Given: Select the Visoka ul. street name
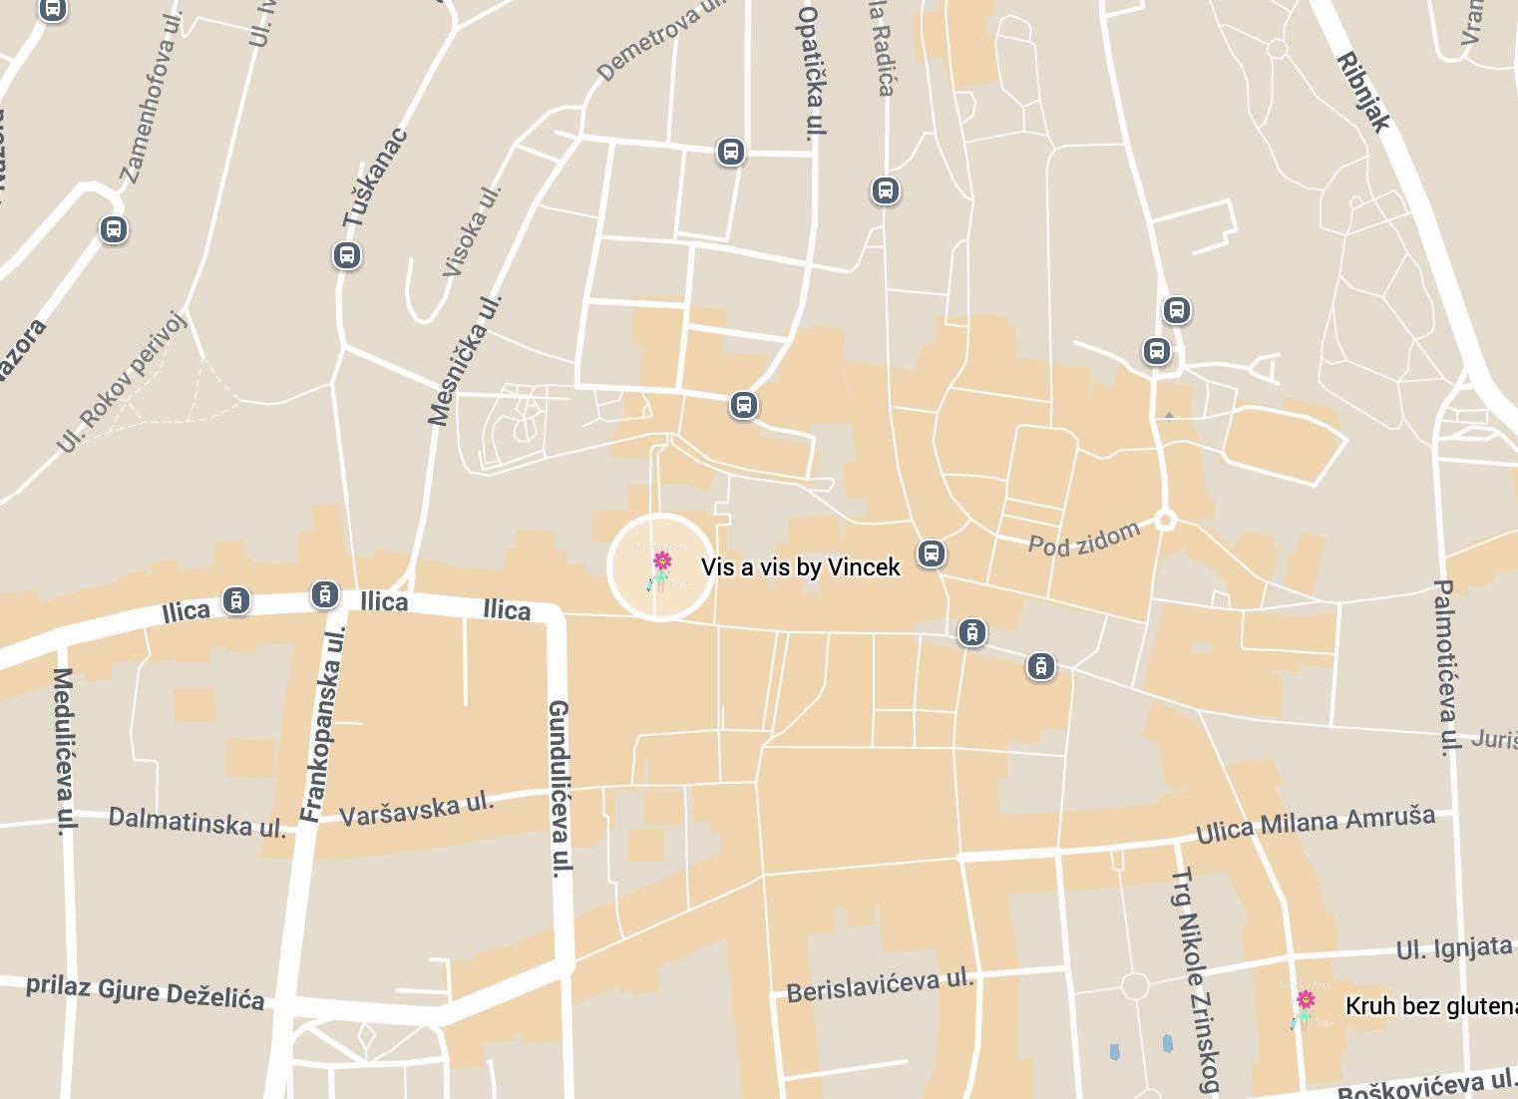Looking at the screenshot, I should pyautogui.click(x=472, y=231).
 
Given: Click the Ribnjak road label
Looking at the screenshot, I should pyautogui.click(x=1363, y=92).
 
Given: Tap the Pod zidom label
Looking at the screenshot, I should pyautogui.click(x=1083, y=540).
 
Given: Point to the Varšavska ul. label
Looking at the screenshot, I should pyautogui.click(x=417, y=809).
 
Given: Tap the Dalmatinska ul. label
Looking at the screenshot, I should pyautogui.click(x=196, y=823).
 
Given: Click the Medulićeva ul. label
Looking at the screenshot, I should pyautogui.click(x=64, y=752).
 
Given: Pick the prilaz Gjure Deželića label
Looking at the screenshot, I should pyautogui.click(x=146, y=992).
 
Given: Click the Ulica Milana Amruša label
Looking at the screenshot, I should pyautogui.click(x=1316, y=824).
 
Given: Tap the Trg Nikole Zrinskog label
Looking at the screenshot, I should pyautogui.click(x=1195, y=981).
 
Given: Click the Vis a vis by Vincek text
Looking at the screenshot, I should pyautogui.click(x=800, y=567).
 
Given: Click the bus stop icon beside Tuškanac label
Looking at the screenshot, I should pyautogui.click(x=346, y=255).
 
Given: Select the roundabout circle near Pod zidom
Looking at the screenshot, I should pyautogui.click(x=1165, y=520).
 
